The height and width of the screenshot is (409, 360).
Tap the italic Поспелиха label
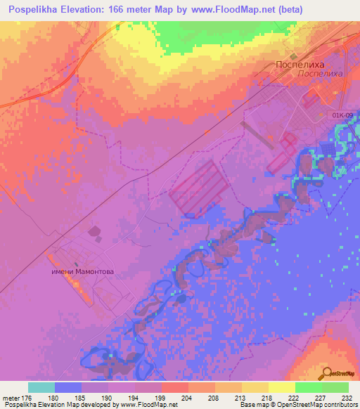[x=320, y=73]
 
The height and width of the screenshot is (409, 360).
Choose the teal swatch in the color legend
[x=41, y=387]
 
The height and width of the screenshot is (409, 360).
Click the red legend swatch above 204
[x=174, y=387]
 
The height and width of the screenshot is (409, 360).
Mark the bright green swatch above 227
[x=308, y=387]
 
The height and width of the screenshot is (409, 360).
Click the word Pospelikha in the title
[x=32, y=10]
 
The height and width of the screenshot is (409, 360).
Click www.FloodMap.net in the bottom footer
[x=149, y=405]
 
